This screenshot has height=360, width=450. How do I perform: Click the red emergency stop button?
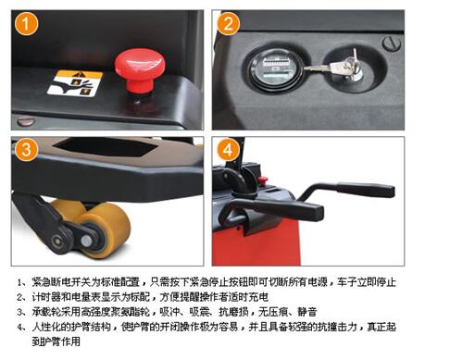(140, 70)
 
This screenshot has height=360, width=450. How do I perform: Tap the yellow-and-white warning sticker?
(75, 83)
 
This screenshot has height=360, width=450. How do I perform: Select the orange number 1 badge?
(26, 24)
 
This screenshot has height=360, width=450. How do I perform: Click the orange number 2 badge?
(228, 24)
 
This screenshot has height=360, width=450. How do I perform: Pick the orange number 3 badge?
(26, 150)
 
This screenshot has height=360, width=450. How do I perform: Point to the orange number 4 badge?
(228, 150)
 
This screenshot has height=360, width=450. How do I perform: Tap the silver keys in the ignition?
(334, 66)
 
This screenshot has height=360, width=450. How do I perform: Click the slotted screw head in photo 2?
(392, 43)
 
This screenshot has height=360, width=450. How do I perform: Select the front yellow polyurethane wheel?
(105, 230)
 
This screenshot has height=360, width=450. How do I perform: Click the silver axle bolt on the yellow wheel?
(86, 241)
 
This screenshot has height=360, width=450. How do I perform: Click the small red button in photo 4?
(263, 180)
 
